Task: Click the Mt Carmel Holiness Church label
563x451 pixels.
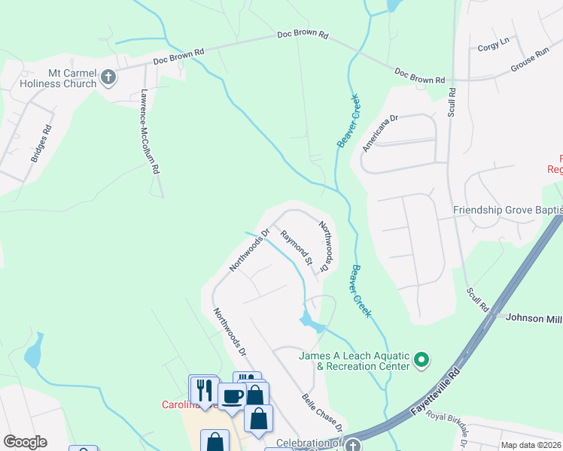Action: [x=51, y=79]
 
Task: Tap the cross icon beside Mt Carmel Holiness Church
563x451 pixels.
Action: [x=108, y=76]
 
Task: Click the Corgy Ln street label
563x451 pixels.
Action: [x=493, y=47]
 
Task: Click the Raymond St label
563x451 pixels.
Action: [x=297, y=248]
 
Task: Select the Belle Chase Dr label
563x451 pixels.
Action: [x=322, y=413]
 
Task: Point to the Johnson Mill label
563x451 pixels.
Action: [x=534, y=319]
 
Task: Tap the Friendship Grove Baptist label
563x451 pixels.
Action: [x=507, y=211]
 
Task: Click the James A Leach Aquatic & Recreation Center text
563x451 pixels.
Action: [x=354, y=361]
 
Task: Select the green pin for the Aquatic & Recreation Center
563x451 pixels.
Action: [x=421, y=362]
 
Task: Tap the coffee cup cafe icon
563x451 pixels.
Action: [x=232, y=395]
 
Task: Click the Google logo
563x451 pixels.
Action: [x=25, y=442]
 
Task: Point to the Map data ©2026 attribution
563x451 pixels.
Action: [x=531, y=445]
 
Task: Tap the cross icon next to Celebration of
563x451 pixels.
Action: [x=351, y=444]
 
